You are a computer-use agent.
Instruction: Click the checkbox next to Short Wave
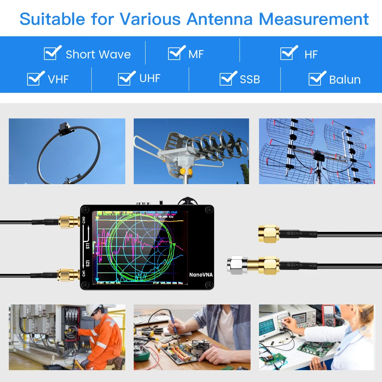pos(52,54)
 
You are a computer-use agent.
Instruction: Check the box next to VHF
pos(35,79)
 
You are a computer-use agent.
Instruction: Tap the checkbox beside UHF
pos(126,79)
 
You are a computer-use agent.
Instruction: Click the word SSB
pos(250,79)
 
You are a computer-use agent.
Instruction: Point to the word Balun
pos(345,79)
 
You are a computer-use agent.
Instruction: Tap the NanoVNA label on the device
pos(201,275)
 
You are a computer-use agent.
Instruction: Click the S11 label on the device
pos(87,246)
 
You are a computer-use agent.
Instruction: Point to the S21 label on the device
pos(87,264)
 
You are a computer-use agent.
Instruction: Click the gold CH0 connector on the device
pos(69,222)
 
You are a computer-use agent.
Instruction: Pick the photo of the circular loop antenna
pos(67,151)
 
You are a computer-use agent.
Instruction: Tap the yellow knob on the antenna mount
pos(183,171)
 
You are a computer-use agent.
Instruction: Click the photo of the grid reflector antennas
pos(317,151)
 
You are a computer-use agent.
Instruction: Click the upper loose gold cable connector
pos(269,233)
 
